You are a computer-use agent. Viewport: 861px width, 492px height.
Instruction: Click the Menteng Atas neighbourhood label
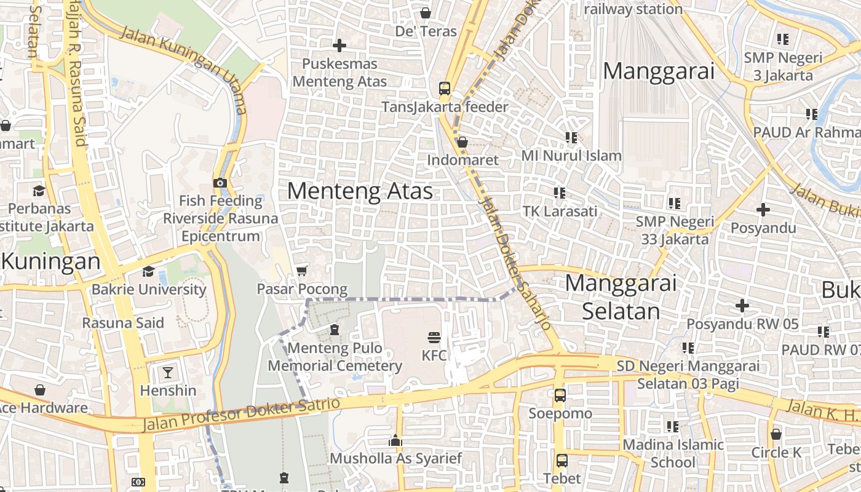(x=360, y=191)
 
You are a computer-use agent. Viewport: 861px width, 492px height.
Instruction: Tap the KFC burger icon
(x=434, y=337)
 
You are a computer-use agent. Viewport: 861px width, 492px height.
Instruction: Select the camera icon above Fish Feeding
(x=220, y=183)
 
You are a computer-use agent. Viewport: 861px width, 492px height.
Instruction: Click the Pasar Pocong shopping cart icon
(x=301, y=271)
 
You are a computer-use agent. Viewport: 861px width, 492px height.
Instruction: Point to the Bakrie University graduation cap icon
(x=148, y=271)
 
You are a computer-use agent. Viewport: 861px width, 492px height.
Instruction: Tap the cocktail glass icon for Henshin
(x=167, y=372)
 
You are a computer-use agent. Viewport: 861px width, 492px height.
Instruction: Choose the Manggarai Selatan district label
(x=621, y=297)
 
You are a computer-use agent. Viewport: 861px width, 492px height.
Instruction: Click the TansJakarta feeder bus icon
(x=445, y=89)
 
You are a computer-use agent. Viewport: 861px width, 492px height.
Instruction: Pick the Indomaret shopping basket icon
(x=462, y=142)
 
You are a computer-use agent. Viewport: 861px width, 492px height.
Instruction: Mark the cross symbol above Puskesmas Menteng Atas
(x=339, y=46)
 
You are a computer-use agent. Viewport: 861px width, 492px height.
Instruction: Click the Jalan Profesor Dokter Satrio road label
(x=241, y=415)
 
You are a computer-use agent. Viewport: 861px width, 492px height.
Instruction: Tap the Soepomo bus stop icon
(x=560, y=395)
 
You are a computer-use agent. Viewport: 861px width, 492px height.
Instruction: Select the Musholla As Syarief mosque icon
(x=395, y=440)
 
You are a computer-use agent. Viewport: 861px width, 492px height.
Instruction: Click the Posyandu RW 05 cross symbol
(x=742, y=305)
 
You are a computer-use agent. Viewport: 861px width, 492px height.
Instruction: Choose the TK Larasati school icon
(x=559, y=193)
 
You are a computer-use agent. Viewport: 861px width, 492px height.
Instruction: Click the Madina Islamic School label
(x=673, y=453)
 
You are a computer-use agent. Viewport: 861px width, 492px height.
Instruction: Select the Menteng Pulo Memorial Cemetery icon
(x=334, y=330)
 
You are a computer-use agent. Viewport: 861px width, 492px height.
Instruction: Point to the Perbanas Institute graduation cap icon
(x=39, y=191)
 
